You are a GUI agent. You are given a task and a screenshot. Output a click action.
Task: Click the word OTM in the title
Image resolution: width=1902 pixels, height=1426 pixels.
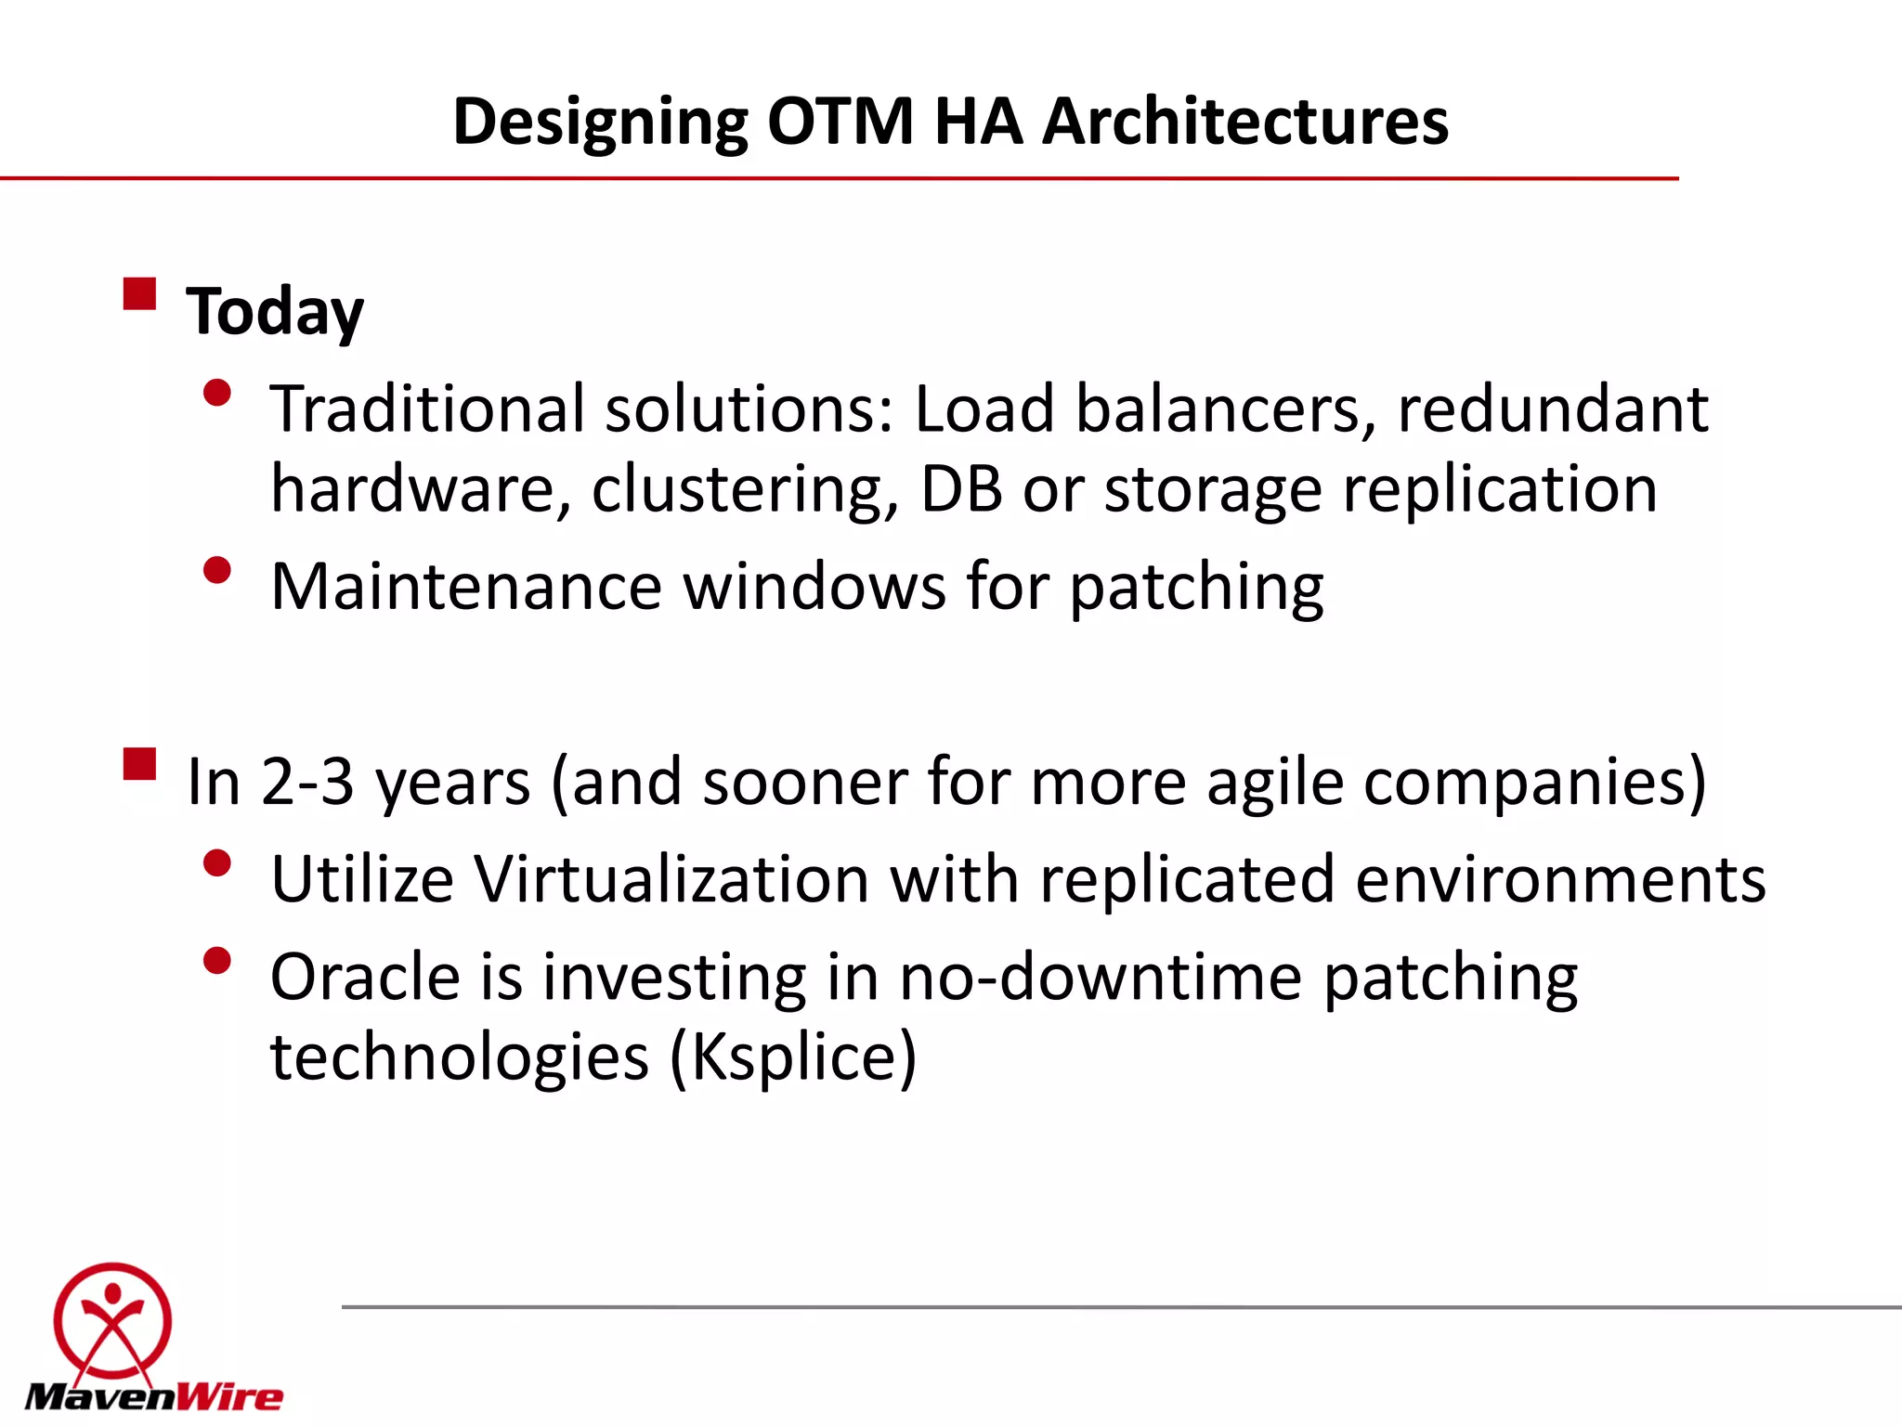840,122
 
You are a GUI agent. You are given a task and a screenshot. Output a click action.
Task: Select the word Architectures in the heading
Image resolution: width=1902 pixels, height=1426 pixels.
1244,122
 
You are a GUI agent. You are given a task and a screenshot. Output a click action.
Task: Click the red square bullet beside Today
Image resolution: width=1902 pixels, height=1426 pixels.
139,294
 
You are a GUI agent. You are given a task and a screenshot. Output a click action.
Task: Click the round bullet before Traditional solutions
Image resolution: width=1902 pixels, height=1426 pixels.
216,394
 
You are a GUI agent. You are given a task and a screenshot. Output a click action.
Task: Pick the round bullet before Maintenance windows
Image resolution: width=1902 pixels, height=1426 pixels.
216,570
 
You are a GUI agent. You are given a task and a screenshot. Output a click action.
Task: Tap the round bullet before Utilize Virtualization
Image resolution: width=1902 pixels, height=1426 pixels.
216,863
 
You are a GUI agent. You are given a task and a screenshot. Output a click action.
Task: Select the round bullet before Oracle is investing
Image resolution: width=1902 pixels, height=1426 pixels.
216,961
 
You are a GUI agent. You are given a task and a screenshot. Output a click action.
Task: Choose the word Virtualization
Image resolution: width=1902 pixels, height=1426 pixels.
671,879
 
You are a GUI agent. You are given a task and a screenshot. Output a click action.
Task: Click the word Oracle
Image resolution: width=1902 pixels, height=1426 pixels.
365,978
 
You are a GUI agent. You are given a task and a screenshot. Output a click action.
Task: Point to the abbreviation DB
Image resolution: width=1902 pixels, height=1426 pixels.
961,489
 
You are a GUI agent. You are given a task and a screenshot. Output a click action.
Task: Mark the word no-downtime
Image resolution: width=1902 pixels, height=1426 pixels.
1101,978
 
